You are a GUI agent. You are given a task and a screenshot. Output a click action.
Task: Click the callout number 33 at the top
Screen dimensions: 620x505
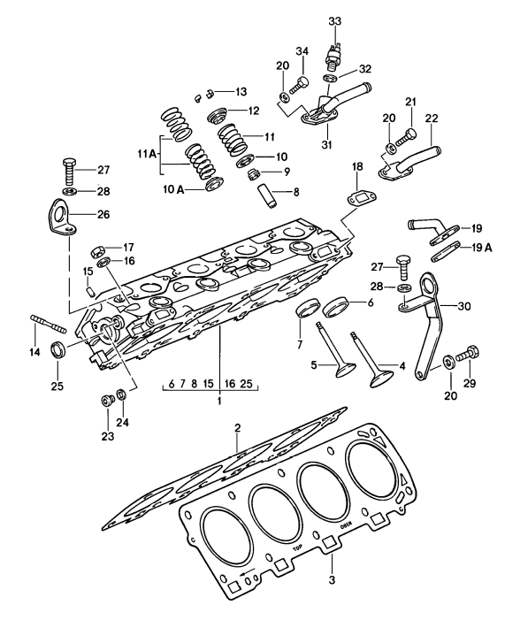click(x=334, y=20)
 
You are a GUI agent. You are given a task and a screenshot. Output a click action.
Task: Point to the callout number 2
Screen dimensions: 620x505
click(x=237, y=429)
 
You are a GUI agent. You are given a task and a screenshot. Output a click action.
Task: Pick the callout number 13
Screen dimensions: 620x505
click(x=241, y=91)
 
